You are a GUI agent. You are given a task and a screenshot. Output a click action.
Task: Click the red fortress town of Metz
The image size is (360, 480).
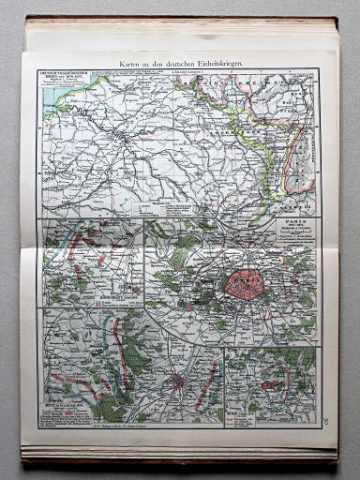point(178,382)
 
